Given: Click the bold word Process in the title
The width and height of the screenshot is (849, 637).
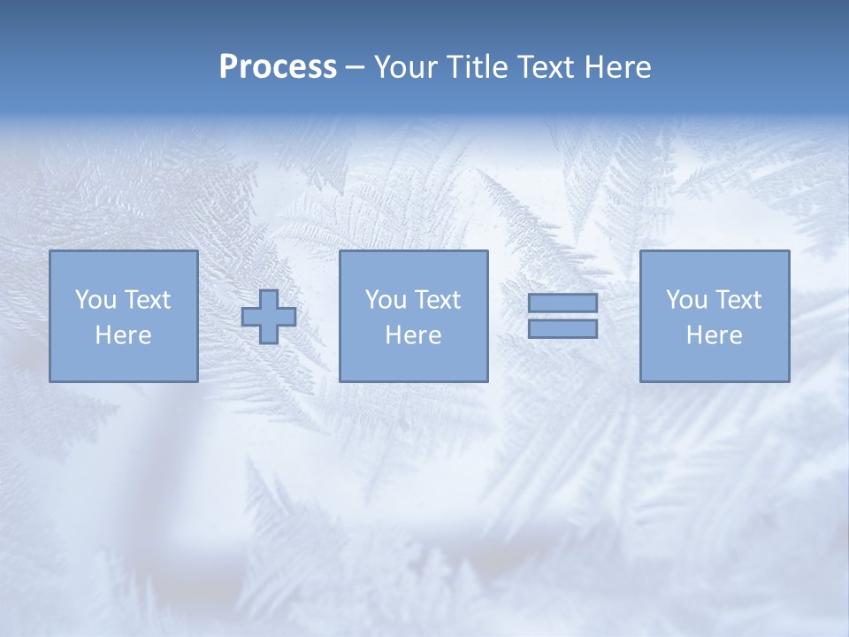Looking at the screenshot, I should (278, 67).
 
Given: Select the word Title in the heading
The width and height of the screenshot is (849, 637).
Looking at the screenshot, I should (480, 67).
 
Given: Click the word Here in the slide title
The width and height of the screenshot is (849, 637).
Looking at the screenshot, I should (620, 67).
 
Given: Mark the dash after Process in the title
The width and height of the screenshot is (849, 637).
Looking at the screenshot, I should (356, 68).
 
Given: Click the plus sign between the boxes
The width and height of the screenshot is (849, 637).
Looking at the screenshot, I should (269, 317).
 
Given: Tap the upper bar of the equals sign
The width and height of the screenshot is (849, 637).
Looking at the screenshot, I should (562, 303).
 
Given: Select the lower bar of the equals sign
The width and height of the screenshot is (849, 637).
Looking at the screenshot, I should (562, 329).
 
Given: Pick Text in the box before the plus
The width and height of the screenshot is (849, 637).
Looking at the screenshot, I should (147, 300).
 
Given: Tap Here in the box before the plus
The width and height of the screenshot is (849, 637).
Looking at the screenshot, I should (123, 335).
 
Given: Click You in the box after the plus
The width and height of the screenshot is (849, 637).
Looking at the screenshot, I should (386, 300).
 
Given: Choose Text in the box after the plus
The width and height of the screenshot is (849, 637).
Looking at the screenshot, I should (437, 300).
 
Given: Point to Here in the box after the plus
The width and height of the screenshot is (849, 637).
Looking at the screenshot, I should (413, 335).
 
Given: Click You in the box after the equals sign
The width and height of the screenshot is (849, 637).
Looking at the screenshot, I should (686, 300).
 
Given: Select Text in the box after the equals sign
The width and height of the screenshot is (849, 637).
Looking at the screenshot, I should (738, 300).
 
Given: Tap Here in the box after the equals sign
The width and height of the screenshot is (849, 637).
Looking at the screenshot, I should (714, 335).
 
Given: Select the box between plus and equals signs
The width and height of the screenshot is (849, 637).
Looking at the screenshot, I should (413, 363).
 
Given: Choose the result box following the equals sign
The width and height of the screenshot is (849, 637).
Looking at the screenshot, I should (714, 363).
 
